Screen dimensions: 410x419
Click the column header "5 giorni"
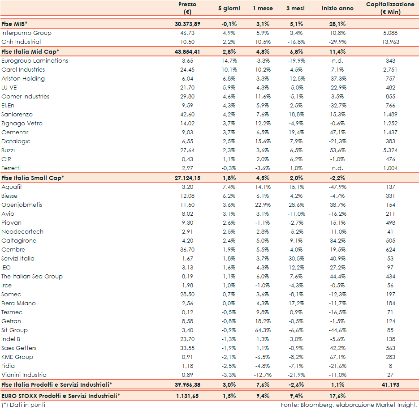point(229,9)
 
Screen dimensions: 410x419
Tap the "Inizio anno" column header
point(337,9)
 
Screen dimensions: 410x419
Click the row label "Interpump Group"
point(26,33)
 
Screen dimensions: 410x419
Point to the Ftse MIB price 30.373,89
point(187,24)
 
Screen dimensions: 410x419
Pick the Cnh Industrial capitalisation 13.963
point(390,42)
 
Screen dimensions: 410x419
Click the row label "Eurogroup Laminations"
point(35,61)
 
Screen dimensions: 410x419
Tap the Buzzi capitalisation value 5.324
point(390,150)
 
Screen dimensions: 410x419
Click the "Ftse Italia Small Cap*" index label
point(33,178)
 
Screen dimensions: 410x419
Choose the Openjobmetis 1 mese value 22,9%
point(262,205)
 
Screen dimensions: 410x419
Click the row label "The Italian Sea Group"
point(32,277)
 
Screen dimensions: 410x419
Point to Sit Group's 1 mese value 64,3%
point(262,330)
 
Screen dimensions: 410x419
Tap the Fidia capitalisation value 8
point(390,366)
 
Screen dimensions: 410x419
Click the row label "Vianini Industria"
point(24,375)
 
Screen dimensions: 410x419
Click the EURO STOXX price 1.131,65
point(187,396)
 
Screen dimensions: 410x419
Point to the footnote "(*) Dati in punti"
point(23,405)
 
